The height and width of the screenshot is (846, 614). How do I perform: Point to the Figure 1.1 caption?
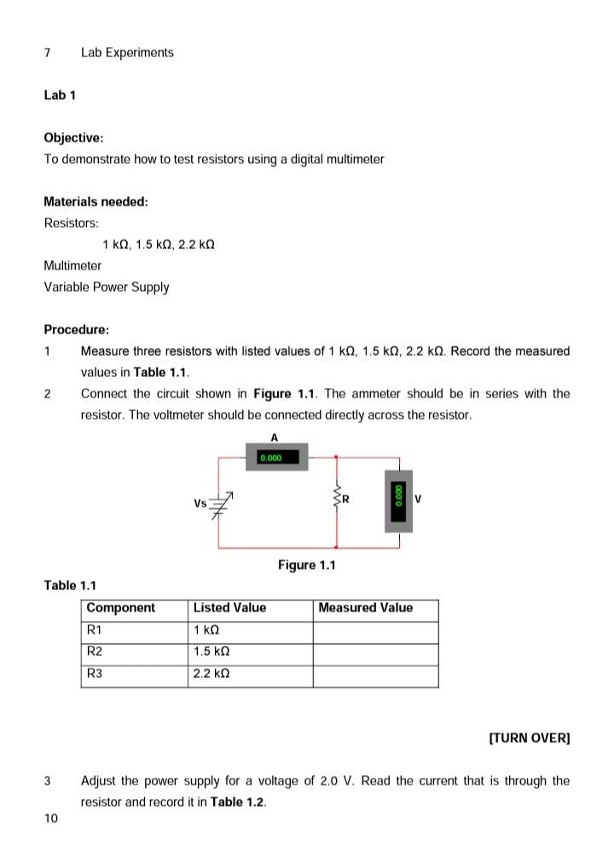(307, 565)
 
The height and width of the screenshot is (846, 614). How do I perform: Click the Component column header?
(121, 608)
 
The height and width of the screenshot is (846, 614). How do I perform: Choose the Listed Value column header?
(229, 608)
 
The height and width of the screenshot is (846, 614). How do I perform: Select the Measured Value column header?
(365, 608)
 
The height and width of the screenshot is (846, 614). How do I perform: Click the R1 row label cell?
(134, 630)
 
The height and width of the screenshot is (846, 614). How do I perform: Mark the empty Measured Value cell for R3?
(375, 675)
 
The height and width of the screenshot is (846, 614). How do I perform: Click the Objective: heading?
(73, 137)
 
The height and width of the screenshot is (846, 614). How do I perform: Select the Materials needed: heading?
(96, 202)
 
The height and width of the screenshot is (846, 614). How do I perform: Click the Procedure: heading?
(76, 329)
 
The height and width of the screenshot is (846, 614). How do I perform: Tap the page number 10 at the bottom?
(51, 819)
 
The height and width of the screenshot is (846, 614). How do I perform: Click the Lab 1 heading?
(60, 95)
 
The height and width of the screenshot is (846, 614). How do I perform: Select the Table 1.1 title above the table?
(70, 585)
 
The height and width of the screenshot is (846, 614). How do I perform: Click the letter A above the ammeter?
(274, 437)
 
